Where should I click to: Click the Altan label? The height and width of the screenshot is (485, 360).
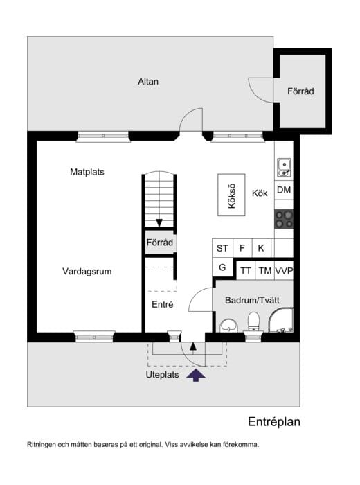point(148,81)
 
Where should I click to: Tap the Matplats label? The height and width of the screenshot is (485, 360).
point(87,171)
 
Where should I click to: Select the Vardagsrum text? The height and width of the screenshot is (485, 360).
point(87,271)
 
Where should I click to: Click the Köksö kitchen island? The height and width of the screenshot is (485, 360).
point(232,195)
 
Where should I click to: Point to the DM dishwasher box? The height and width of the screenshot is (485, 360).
point(283,190)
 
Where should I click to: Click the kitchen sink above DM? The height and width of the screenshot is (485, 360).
point(283,166)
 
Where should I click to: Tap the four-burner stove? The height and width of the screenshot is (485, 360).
point(283,218)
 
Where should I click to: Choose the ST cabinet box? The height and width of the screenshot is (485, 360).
point(222,248)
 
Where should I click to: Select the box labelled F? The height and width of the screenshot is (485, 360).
point(242,248)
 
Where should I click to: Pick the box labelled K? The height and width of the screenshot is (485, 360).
point(262,248)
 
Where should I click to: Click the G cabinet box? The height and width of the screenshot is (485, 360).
point(222,267)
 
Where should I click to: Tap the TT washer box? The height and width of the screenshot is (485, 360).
point(245,271)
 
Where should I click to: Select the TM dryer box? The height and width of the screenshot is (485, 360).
point(264,271)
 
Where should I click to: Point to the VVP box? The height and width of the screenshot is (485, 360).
point(284,271)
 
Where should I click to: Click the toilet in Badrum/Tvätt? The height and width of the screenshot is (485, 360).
point(253,321)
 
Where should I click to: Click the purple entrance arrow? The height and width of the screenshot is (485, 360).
point(197,376)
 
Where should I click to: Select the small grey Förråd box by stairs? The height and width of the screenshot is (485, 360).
point(159,242)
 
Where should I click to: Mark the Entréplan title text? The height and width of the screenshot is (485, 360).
point(274,422)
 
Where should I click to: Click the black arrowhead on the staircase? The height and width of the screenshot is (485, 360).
point(159,222)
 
